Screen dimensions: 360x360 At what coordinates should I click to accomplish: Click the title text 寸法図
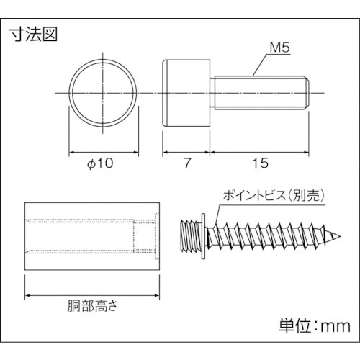(x=32, y=33)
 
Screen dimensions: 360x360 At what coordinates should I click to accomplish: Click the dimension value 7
(x=186, y=163)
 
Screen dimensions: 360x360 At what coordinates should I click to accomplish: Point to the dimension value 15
(x=260, y=163)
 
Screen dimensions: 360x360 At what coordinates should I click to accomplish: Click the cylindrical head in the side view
(x=185, y=93)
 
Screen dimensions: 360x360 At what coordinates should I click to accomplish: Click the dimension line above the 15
(x=260, y=152)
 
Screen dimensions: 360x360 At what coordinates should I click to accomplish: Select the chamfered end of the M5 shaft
(x=306, y=93)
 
